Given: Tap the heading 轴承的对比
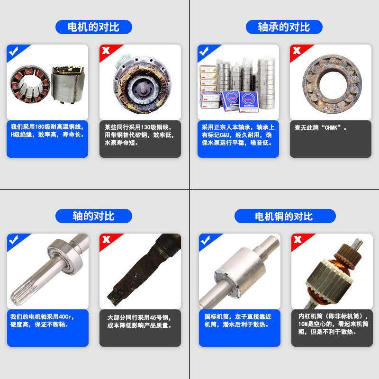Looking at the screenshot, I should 284,27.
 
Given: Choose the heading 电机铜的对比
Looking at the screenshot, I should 284,217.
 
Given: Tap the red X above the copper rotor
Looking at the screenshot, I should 298,240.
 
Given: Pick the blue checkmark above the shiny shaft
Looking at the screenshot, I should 13,240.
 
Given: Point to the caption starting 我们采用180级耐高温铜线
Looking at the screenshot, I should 47,131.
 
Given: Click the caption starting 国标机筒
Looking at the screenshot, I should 237,321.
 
